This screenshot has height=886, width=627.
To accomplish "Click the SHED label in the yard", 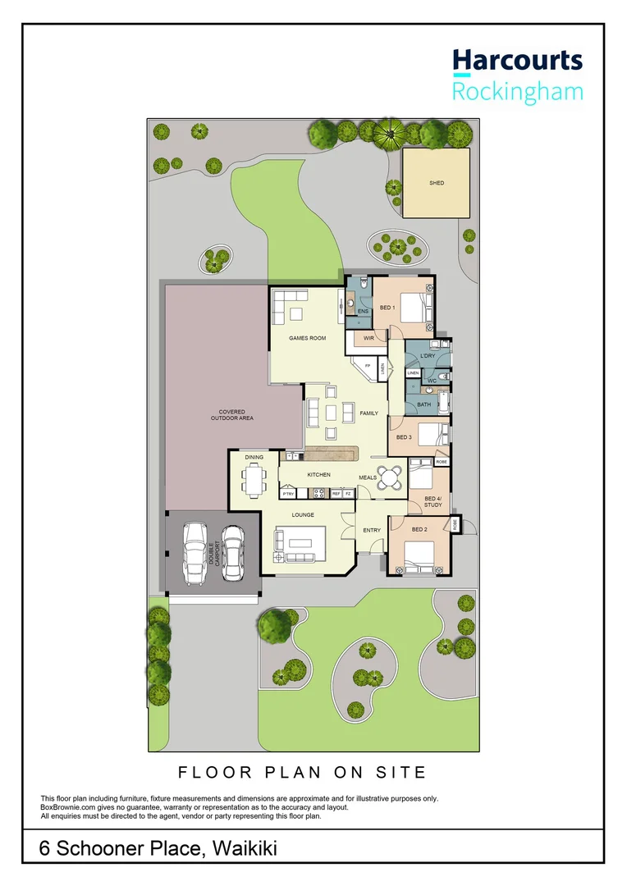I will (x=436, y=183).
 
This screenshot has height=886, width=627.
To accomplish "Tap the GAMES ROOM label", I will (x=307, y=338).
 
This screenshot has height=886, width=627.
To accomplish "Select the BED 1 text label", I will (x=387, y=308).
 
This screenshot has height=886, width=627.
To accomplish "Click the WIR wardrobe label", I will (x=369, y=338).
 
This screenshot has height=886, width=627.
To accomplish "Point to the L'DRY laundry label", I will (x=427, y=357).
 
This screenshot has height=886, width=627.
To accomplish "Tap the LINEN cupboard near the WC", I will (x=413, y=374).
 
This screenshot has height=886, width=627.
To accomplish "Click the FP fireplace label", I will (x=368, y=365).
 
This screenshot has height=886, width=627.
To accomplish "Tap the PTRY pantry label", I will (x=288, y=494).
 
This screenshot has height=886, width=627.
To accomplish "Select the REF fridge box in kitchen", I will (x=336, y=494).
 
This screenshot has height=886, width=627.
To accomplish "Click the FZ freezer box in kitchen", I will (x=348, y=494).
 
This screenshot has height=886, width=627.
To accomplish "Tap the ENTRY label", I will (x=372, y=530).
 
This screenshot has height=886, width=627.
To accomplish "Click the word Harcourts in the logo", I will (x=517, y=61).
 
